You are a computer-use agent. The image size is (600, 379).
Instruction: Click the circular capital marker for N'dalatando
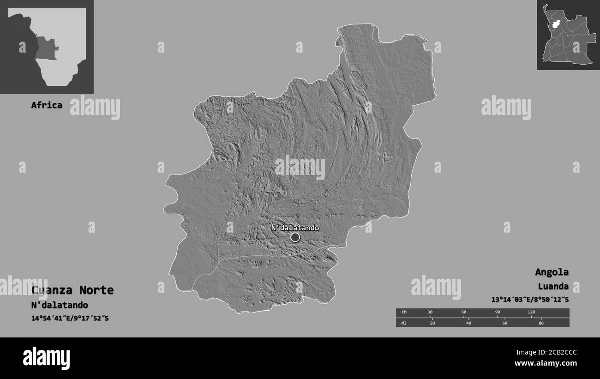click(295, 237)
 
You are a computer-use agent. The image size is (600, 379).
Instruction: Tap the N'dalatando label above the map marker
click(294, 228)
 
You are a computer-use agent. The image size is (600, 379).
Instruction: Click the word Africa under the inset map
click(47, 105)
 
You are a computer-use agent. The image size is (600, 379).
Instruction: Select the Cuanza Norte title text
click(72, 290)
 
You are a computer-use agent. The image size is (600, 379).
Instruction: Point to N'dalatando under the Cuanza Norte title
click(60, 305)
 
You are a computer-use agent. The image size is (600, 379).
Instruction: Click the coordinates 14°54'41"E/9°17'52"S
click(70, 318)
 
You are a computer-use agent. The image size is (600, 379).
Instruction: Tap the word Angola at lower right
click(552, 272)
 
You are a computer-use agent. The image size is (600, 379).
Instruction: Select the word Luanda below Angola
click(553, 286)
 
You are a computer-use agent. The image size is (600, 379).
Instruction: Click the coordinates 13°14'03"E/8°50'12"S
click(530, 299)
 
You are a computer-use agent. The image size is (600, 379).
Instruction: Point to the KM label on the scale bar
click(403, 313)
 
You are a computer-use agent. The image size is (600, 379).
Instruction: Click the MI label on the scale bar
click(403, 323)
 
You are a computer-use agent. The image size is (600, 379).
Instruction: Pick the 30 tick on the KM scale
click(430, 313)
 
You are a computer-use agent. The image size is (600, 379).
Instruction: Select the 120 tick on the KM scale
click(531, 313)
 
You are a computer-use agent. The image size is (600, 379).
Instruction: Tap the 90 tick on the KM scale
click(498, 313)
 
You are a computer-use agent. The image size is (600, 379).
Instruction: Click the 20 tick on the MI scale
click(432, 323)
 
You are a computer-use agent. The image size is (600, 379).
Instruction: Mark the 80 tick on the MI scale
click(541, 323)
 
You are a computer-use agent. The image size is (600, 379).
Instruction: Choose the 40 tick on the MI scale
click(468, 323)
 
